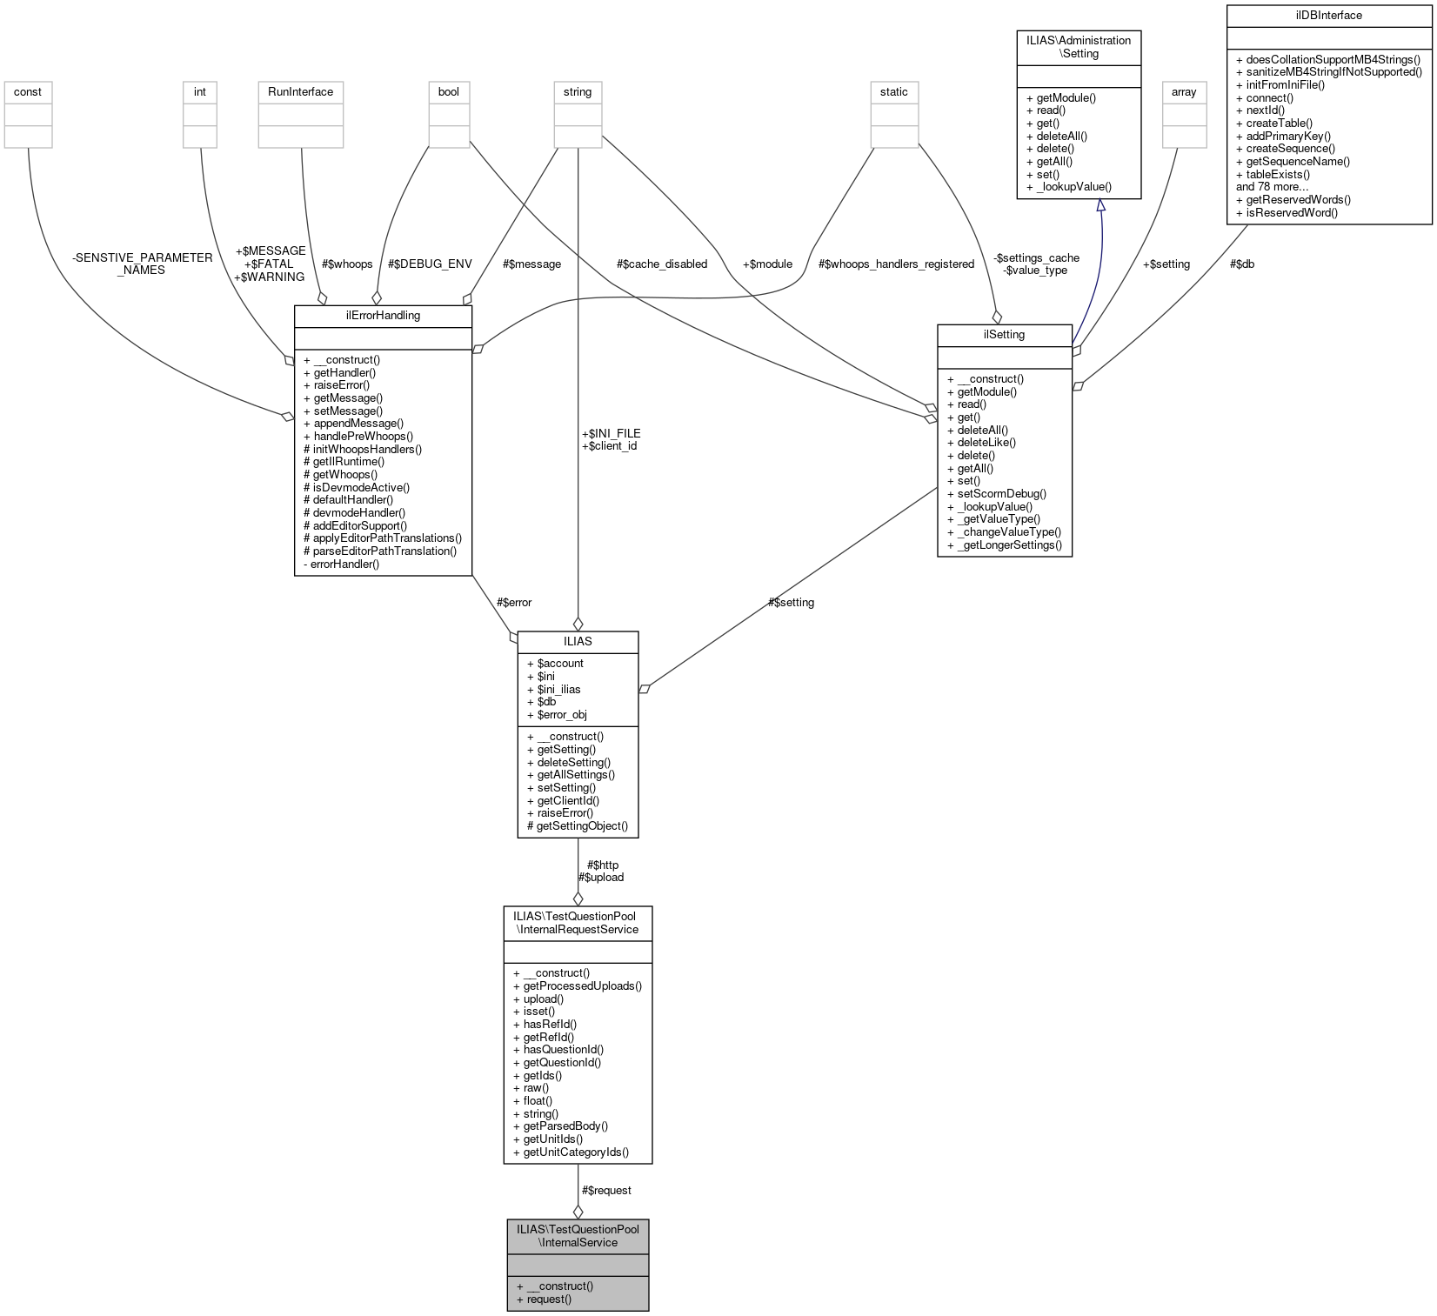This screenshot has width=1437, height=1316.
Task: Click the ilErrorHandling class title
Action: (383, 316)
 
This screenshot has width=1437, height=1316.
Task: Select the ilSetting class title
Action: (1004, 335)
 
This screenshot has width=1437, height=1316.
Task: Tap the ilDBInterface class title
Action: (1328, 16)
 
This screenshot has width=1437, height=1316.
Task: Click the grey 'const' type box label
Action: (28, 92)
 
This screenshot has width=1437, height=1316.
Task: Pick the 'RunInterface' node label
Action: (300, 92)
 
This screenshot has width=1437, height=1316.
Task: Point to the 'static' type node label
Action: (893, 92)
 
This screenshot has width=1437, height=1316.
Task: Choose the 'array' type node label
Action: (1184, 92)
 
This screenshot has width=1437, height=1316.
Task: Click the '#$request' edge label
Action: (606, 1191)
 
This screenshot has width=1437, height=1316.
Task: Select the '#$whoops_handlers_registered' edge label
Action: (896, 264)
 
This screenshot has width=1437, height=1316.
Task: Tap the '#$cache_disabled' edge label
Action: (661, 264)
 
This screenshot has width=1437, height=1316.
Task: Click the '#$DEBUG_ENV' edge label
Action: (430, 264)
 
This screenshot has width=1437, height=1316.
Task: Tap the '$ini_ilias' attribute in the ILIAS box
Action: (558, 690)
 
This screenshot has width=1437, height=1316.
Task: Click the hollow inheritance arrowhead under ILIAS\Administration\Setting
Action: (1100, 206)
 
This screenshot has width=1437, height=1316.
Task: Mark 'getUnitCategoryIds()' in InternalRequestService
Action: (575, 1152)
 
